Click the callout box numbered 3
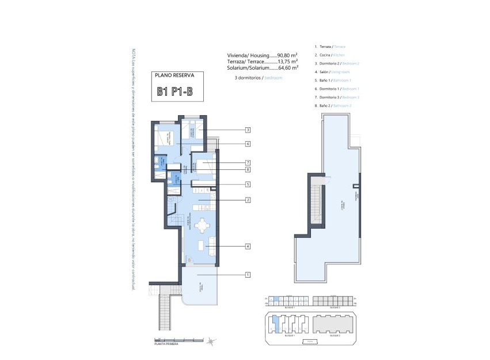[x=247, y=130]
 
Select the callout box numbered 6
[x=247, y=144]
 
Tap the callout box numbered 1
[x=247, y=275]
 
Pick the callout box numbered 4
[x=247, y=247]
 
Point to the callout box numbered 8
[x=247, y=170]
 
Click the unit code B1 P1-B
[x=176, y=91]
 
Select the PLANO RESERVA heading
[x=176, y=75]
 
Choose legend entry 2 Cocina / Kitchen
[x=329, y=55]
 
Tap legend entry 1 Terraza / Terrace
[x=329, y=46]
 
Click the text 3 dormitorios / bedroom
[x=259, y=77]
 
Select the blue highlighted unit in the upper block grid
[x=276, y=299]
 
